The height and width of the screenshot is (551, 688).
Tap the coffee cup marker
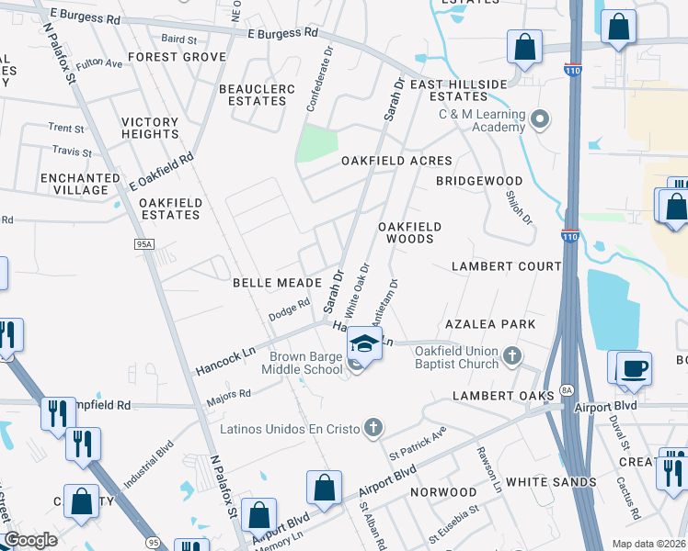[x=634, y=369]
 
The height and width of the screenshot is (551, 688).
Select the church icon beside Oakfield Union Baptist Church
[x=513, y=354]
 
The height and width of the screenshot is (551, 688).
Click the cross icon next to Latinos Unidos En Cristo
[x=373, y=426]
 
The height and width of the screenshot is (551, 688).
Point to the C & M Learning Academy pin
[x=540, y=119]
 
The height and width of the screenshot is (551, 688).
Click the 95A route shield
[x=144, y=244]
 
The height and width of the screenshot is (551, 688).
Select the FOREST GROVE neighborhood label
[x=178, y=57]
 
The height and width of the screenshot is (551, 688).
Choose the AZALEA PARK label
[x=490, y=325]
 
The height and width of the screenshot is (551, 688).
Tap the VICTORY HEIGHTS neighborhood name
[x=150, y=128]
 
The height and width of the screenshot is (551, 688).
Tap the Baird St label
[x=178, y=40]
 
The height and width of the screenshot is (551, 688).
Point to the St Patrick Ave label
[x=418, y=441]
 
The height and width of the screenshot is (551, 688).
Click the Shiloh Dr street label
[x=519, y=206]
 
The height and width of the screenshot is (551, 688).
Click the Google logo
[x=30, y=541]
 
